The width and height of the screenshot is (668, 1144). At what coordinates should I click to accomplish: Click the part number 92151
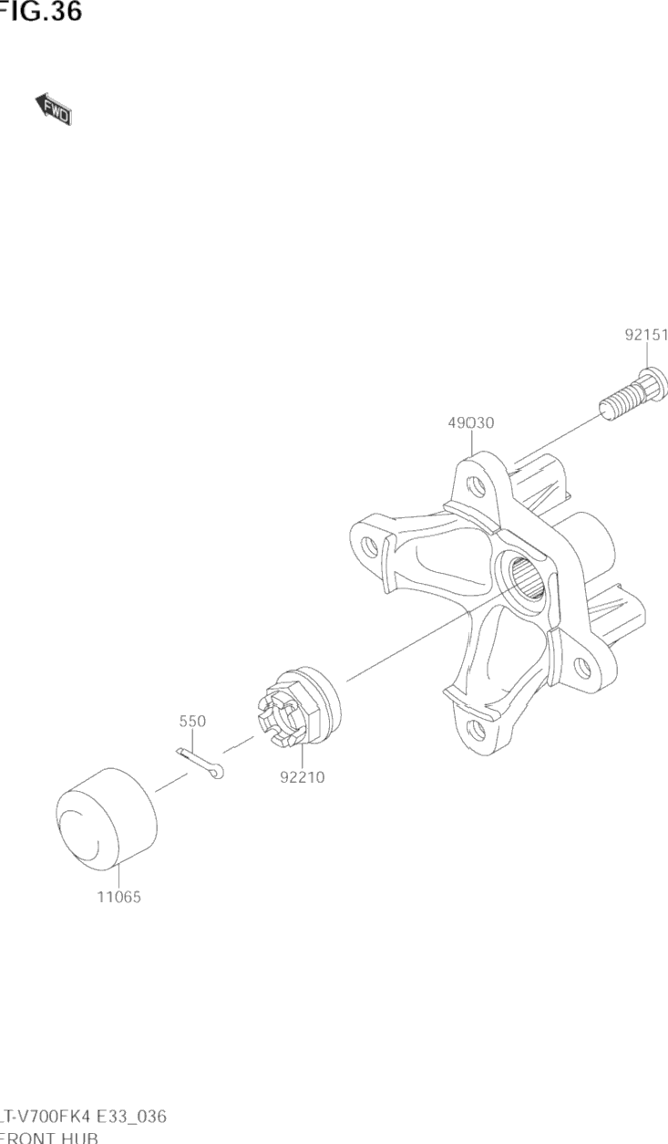click(x=645, y=335)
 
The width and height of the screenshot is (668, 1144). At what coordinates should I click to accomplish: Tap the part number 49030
click(x=470, y=422)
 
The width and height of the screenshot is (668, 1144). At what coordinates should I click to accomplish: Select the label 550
click(x=191, y=721)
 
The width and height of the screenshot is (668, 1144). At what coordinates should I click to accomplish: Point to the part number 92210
click(x=302, y=778)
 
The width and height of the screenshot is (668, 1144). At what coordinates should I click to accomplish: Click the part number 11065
click(x=118, y=897)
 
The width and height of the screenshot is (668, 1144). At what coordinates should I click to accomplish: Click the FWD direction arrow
click(x=54, y=109)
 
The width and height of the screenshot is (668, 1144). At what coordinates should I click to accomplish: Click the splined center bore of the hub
click(x=527, y=580)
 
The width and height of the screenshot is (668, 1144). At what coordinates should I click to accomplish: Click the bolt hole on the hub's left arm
click(x=369, y=546)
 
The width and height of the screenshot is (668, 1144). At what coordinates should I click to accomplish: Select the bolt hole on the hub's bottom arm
click(x=473, y=727)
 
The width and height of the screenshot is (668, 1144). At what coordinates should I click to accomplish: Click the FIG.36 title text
click(x=40, y=12)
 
